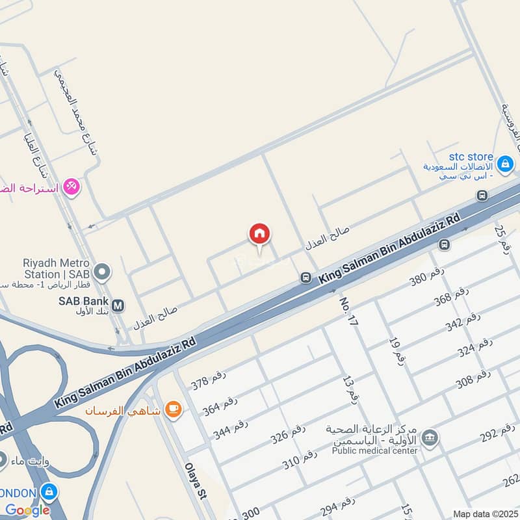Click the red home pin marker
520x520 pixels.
(259, 235)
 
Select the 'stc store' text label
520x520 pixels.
(471, 157)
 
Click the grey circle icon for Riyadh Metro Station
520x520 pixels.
(101, 271)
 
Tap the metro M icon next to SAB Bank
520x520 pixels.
(118, 304)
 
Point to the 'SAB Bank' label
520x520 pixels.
(83, 302)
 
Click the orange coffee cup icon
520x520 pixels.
(172, 409)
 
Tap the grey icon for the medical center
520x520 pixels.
(429, 438)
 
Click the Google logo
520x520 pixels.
(27, 510)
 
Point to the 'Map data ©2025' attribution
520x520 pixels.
(484, 513)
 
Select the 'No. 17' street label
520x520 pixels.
(349, 311)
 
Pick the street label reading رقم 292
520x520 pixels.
(498, 434)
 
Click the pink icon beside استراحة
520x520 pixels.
(71, 187)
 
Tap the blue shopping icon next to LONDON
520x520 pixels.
(48, 492)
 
